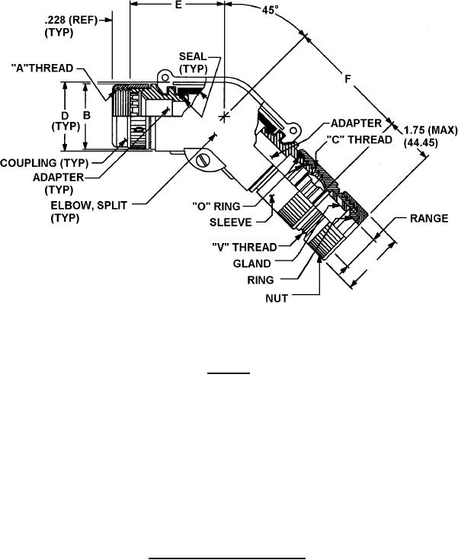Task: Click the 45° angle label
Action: point(270,10)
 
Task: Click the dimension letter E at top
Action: point(179,5)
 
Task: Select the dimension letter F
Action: point(348,78)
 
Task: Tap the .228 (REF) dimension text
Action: point(71,21)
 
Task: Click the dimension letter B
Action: point(87,115)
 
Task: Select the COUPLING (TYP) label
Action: point(44,163)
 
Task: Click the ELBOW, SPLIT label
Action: point(88,206)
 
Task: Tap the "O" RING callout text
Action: point(216,206)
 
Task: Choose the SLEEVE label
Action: point(230,222)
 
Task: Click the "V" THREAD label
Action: point(245,247)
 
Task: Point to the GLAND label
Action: point(252,264)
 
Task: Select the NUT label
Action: point(277,298)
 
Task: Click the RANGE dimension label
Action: point(429,218)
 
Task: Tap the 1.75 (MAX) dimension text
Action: point(431,130)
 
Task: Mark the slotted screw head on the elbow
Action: point(203,161)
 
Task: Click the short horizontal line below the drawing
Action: point(229,373)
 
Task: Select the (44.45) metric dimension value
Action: point(421,143)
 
